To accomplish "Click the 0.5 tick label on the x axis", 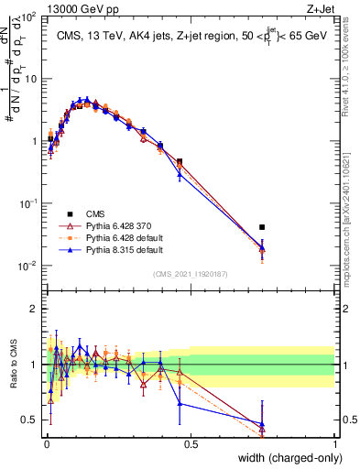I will click(191, 445).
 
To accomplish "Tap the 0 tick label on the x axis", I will click(46, 445).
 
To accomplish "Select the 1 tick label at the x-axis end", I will click(335, 445).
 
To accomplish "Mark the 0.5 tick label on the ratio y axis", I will click(29, 420).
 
